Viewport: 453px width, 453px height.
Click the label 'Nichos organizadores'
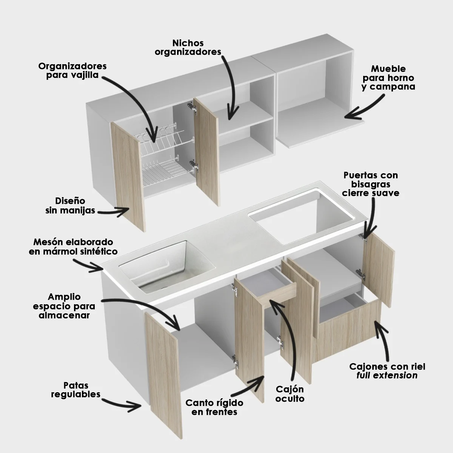pos(188,47)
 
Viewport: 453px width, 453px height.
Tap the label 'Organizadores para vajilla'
pos(72,70)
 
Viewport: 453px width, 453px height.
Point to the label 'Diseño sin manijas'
pos(70,205)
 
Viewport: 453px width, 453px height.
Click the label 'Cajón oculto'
pos(290,394)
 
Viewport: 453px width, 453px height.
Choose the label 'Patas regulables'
pos(76,390)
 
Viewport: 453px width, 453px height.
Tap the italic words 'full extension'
pos(387,376)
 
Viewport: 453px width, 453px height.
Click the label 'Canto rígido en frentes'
pos(214,407)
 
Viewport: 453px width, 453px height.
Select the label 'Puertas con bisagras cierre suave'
pos(371,184)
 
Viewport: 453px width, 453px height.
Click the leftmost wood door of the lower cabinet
pos(162,362)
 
